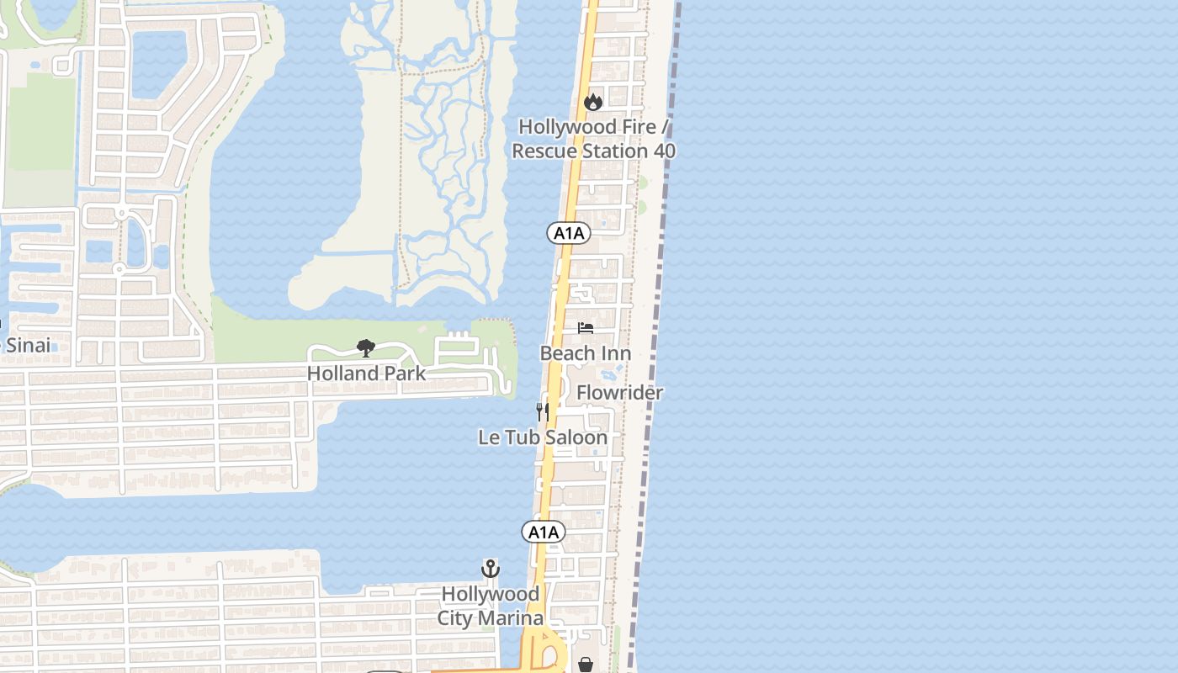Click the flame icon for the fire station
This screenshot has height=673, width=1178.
593,102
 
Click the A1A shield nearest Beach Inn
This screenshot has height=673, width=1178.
568,233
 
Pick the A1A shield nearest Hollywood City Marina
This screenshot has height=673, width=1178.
543,532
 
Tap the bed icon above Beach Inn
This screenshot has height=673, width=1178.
586,327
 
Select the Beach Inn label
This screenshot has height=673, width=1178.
586,353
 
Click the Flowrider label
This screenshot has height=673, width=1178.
619,393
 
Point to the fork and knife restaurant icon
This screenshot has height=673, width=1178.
543,411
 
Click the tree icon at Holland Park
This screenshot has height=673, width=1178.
365,347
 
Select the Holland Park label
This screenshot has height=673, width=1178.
366,373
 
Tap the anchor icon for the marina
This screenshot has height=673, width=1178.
491,569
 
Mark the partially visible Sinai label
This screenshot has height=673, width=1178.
25,345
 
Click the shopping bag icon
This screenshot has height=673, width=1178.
586,665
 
